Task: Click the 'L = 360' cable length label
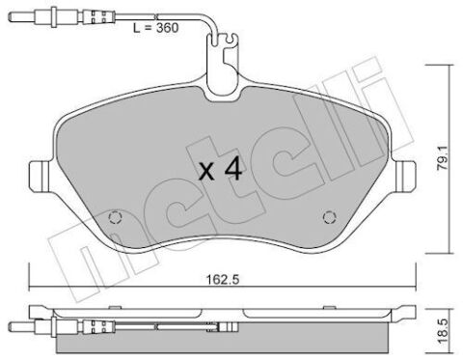(x=153, y=31)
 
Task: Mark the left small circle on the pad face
(x=115, y=217)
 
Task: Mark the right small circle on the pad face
(x=328, y=217)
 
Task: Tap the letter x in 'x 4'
(x=206, y=174)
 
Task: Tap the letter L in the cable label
(x=134, y=31)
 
